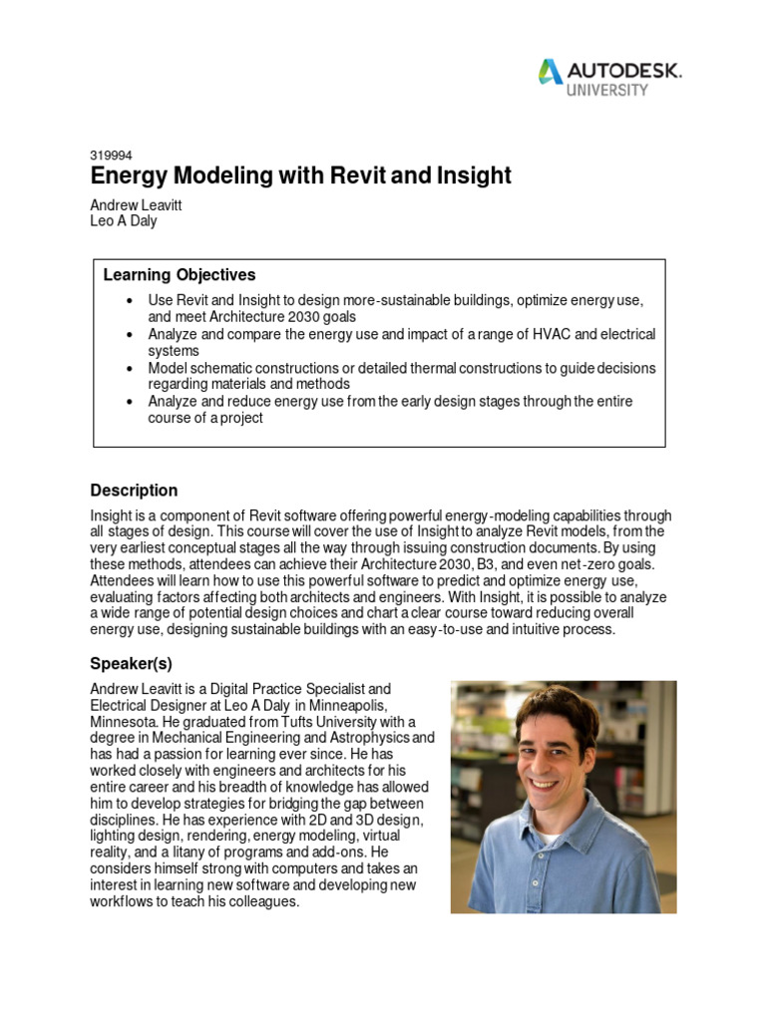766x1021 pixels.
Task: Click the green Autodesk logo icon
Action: click(x=550, y=72)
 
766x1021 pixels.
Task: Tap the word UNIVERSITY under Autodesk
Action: click(x=608, y=90)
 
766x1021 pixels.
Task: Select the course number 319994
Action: click(x=111, y=156)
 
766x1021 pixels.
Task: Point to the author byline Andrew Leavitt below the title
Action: click(x=137, y=204)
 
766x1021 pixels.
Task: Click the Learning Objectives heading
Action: click(x=180, y=274)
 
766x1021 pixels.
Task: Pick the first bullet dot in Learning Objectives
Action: click(x=131, y=300)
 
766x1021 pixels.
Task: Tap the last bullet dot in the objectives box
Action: click(x=131, y=401)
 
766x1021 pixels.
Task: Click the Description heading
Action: click(x=134, y=490)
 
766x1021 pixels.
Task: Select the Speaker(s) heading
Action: click(x=137, y=663)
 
